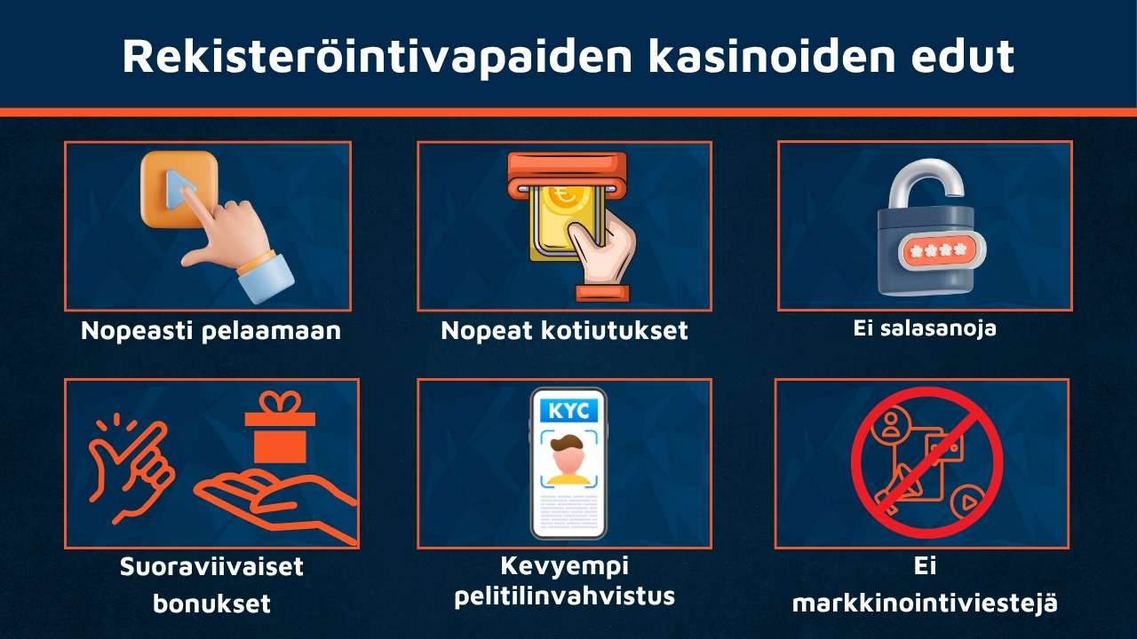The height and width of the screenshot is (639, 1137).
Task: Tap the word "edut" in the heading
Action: [967, 56]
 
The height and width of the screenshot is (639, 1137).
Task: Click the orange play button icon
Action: [180, 188]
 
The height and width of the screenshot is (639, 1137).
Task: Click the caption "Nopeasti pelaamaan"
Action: [211, 331]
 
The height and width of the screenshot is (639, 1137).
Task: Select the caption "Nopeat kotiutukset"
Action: [564, 331]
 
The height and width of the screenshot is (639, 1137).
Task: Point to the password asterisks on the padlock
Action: [941, 250]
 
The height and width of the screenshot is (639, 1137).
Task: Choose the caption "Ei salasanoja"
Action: [925, 328]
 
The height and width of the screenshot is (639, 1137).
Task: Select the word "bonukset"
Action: [211, 604]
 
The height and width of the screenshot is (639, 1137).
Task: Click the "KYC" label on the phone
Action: [568, 411]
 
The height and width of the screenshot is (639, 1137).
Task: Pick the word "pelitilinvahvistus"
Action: [564, 596]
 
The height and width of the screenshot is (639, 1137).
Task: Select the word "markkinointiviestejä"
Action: [925, 604]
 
